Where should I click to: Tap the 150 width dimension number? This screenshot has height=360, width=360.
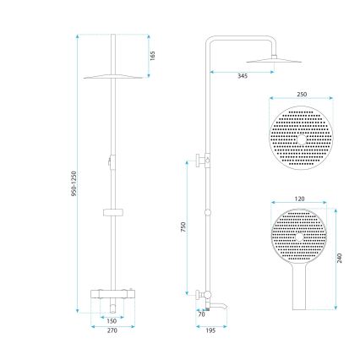(111, 321)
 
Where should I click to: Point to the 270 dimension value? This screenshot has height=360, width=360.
(111, 331)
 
